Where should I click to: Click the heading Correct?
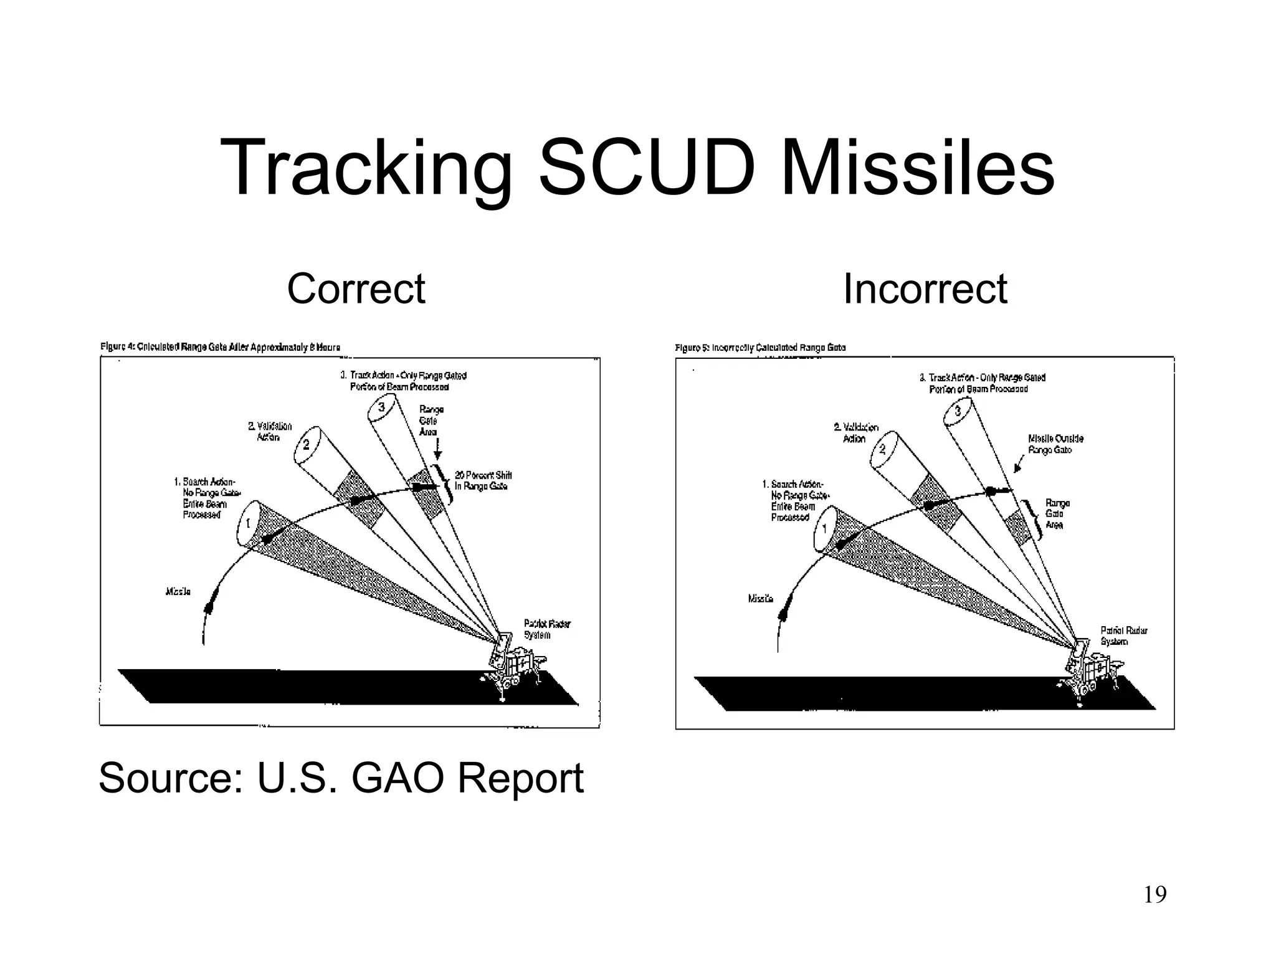click(x=356, y=289)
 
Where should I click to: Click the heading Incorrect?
click(x=925, y=289)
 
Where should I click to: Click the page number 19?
click(x=1155, y=895)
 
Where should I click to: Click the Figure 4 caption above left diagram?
click(x=221, y=347)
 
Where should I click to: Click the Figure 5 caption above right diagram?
click(x=760, y=348)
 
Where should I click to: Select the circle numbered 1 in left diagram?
click(x=247, y=523)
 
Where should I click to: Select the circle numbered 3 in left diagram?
click(x=381, y=407)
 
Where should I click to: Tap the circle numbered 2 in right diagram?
click(x=882, y=449)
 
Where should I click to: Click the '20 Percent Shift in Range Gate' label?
click(x=482, y=481)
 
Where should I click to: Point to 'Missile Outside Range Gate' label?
click(x=1055, y=444)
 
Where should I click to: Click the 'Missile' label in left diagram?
click(x=178, y=591)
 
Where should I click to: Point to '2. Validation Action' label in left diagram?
click(x=269, y=431)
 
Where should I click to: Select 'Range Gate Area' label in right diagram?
click(x=1057, y=514)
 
